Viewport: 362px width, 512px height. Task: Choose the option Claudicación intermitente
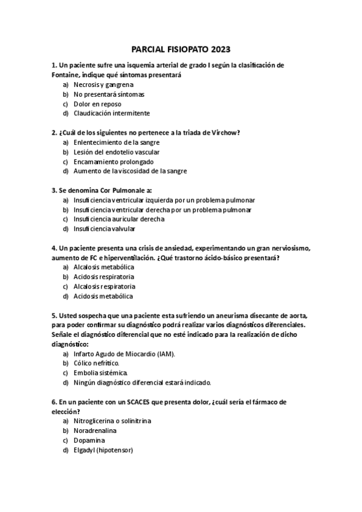click(112, 113)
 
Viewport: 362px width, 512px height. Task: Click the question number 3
click(54, 190)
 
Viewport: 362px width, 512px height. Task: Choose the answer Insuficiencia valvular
click(105, 229)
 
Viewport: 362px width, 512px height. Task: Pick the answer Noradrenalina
click(95, 430)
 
